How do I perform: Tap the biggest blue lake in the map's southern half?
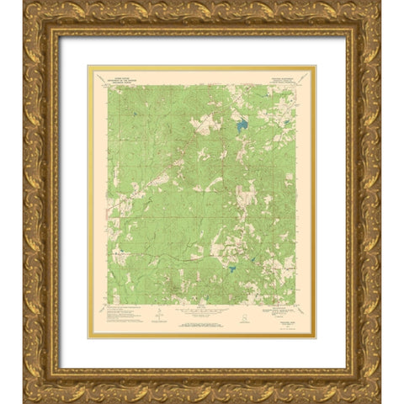point(231,269)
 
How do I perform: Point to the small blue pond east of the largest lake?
point(285,126)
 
